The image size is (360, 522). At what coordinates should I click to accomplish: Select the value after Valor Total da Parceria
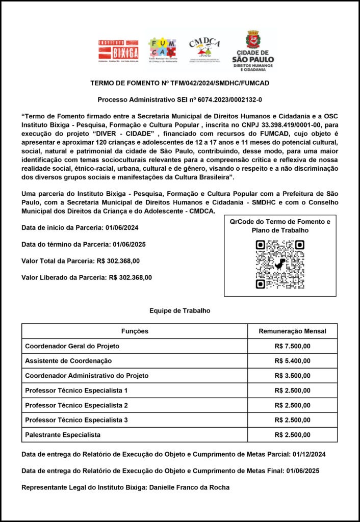tap(118, 261)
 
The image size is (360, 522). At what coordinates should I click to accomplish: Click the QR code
tap(280, 264)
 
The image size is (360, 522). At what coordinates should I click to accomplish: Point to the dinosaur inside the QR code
tap(280, 264)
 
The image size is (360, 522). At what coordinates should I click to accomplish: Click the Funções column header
tap(135, 331)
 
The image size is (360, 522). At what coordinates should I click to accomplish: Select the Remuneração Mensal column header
tap(292, 331)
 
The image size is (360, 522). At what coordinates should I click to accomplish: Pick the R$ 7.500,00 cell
tap(292, 346)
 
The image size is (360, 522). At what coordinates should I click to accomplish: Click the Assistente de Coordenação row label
tap(68, 361)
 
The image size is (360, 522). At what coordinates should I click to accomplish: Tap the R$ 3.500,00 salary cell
tap(292, 376)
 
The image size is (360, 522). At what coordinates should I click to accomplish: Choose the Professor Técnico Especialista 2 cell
tap(76, 405)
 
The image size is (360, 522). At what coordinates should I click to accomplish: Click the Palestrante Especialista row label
tap(63, 435)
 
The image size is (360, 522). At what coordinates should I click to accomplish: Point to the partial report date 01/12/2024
tap(309, 454)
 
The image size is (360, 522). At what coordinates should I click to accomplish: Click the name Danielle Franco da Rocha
tap(189, 487)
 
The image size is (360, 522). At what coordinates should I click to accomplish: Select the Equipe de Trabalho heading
tap(179, 310)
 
